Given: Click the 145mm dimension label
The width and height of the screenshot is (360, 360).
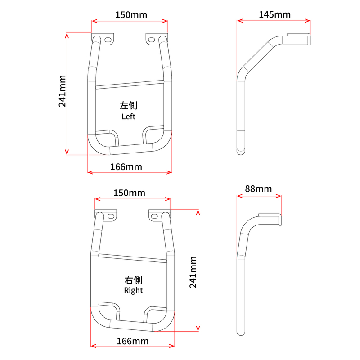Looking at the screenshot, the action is click(274, 15).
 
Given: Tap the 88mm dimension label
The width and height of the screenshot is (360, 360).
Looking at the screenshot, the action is click(258, 189).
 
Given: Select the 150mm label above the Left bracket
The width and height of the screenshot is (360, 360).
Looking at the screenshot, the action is click(131, 15).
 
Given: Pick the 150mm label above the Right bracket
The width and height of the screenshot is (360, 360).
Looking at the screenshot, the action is click(130, 193).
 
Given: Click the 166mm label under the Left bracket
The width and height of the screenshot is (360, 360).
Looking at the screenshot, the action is click(126, 167).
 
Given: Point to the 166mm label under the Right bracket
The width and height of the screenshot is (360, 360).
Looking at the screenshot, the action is click(133, 341).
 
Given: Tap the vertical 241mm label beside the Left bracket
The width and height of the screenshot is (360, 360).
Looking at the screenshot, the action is click(62, 91).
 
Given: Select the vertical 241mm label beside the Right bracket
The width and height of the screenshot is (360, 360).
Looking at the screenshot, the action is click(193, 272).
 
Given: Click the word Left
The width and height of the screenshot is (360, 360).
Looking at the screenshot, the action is click(129, 117).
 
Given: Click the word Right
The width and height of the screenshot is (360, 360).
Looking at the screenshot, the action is click(133, 290).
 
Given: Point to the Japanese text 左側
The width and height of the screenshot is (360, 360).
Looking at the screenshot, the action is click(129, 106).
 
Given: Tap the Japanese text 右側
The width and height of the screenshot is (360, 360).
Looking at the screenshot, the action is click(133, 280).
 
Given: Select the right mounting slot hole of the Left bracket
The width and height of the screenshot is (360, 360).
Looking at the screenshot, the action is click(151, 40).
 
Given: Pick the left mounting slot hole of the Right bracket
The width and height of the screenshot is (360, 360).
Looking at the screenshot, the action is click(111, 216).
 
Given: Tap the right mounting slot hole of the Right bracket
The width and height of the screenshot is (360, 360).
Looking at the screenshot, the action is click(154, 216).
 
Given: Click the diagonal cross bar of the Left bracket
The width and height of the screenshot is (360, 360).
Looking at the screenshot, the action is click(130, 84).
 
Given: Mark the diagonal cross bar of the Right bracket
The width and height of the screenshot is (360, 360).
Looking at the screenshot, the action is click(133, 258).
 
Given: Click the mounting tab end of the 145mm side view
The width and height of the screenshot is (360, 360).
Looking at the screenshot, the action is click(299, 39).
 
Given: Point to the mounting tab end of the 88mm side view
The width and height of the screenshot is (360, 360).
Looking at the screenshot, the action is click(270, 219).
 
